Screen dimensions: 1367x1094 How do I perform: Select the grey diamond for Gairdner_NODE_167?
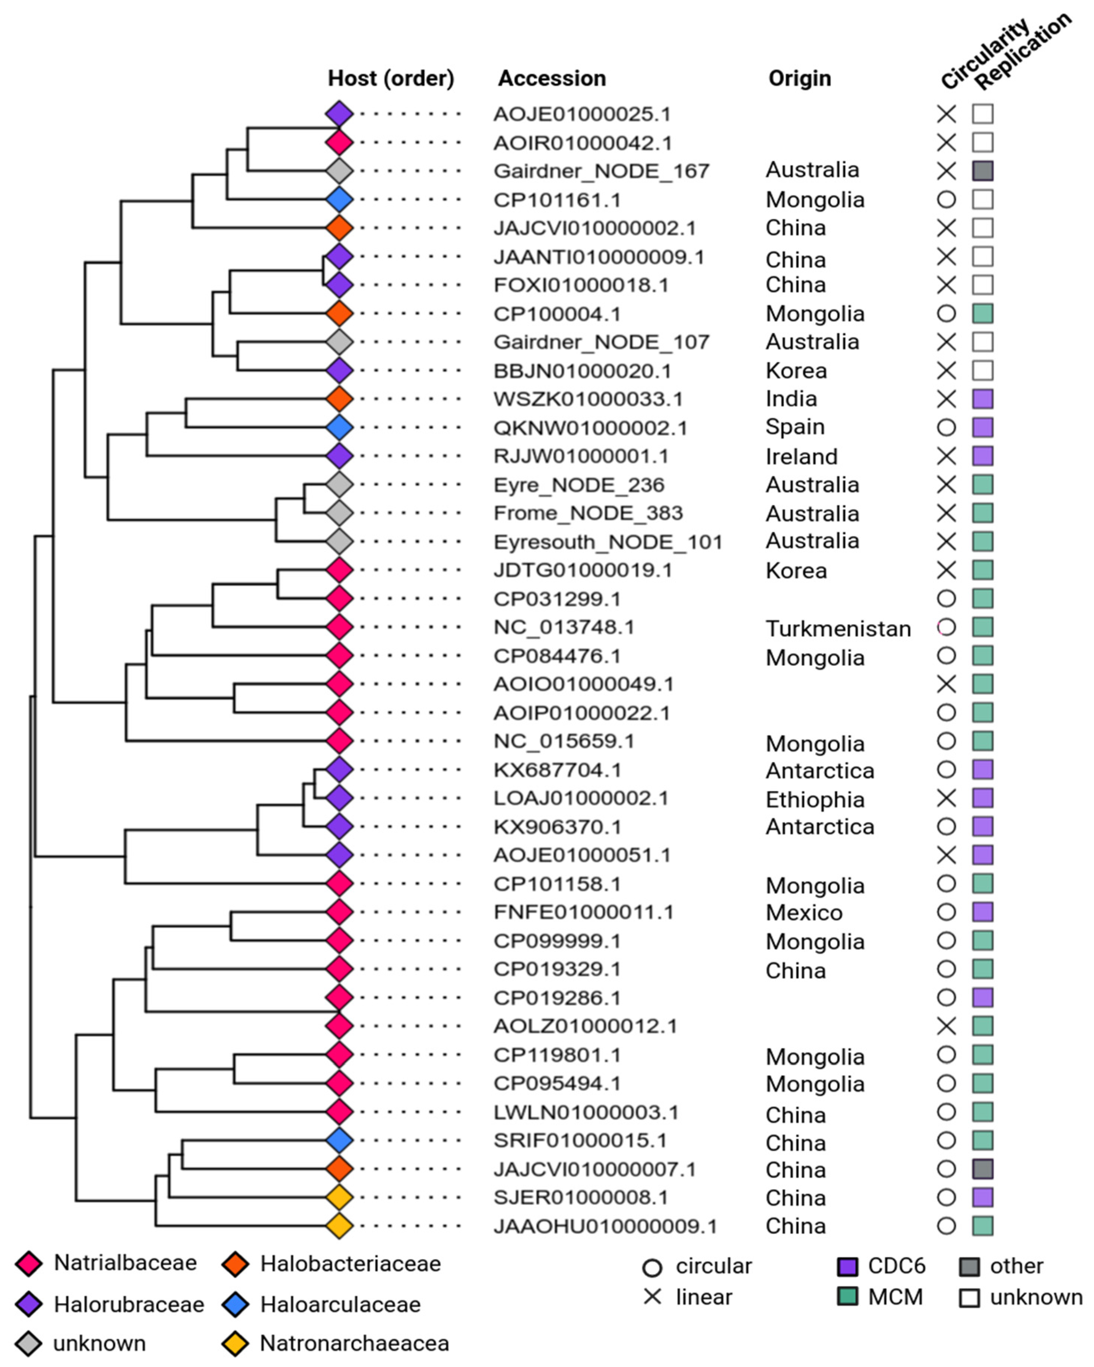tap(339, 171)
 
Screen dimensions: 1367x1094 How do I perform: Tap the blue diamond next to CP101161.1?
tap(339, 200)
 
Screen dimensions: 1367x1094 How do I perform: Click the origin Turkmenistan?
tap(838, 628)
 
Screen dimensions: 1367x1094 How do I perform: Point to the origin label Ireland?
tap(802, 457)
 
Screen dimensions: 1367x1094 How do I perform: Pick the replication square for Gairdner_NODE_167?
tap(982, 171)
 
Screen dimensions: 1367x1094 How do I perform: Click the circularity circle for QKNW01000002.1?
tap(946, 427)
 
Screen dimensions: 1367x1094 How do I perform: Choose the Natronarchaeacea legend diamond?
tap(235, 1343)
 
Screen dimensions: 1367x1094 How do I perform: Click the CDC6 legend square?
tap(847, 1266)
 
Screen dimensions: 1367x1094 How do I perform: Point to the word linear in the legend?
tap(703, 1297)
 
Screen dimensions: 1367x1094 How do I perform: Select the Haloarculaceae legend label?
tap(340, 1304)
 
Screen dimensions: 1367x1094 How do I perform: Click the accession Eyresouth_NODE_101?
tap(608, 542)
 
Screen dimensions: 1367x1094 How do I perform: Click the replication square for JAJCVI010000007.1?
tap(982, 1168)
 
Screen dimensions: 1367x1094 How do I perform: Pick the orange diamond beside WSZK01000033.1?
tap(339, 399)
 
